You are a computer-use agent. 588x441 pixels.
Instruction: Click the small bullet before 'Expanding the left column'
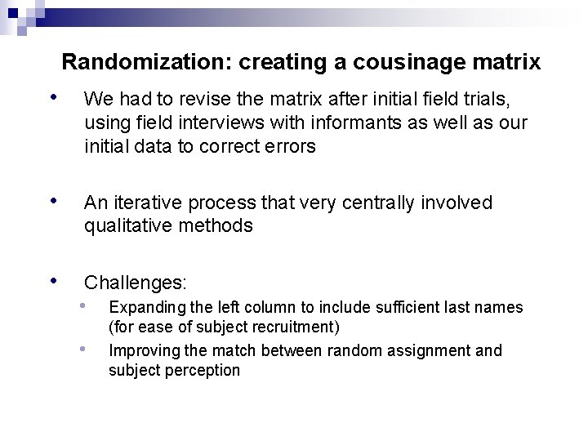[x=84, y=306]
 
